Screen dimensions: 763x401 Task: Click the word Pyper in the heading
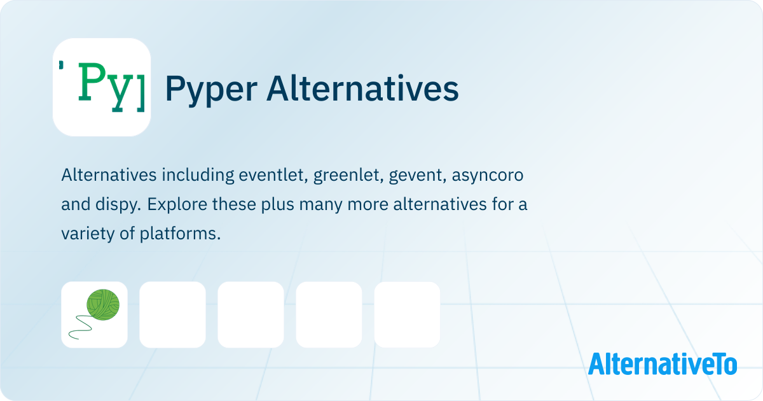(x=211, y=90)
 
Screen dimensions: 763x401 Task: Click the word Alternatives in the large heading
(x=363, y=88)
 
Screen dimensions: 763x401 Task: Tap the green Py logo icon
(x=102, y=87)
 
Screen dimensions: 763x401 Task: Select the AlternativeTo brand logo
(x=662, y=364)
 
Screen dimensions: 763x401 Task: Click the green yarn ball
(x=103, y=304)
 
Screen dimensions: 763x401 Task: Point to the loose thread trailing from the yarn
(x=80, y=327)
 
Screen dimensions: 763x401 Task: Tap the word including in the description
(x=198, y=176)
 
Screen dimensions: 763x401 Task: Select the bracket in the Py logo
(x=141, y=92)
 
